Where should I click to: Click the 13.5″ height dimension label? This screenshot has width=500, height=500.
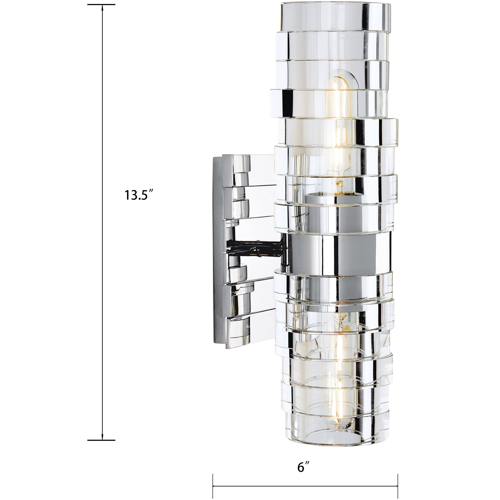click(x=140, y=195)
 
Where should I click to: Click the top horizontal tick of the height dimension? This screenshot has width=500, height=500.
click(x=101, y=5)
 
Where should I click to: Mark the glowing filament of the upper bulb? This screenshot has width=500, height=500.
click(x=336, y=109)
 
